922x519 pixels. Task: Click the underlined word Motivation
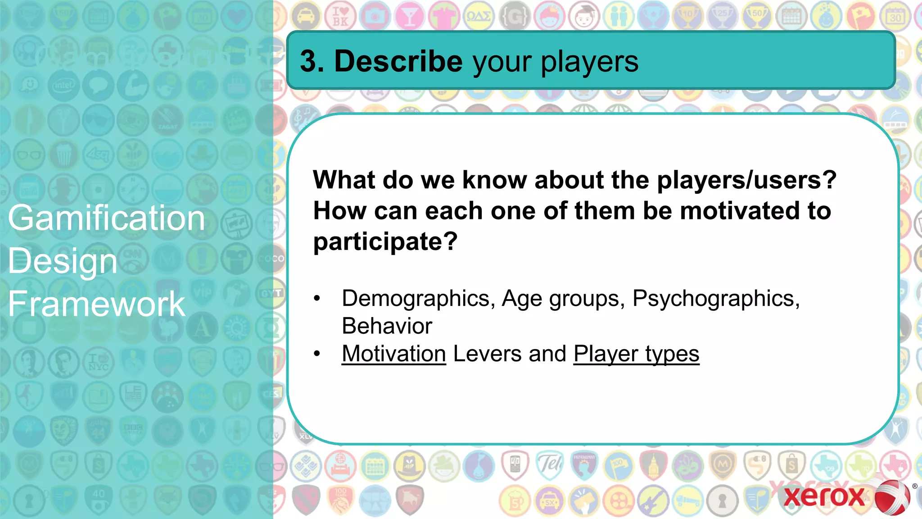pos(393,354)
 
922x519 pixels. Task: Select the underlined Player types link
pos(636,354)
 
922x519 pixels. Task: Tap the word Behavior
pos(387,326)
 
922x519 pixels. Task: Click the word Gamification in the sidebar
pos(107,218)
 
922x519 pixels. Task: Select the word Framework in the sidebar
pos(96,304)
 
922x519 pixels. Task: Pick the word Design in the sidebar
pos(63,261)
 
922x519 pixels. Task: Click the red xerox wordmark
pos(824,496)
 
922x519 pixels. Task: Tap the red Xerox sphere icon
pos(892,497)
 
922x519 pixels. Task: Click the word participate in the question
pos(385,241)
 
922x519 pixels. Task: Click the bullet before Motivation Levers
pos(317,354)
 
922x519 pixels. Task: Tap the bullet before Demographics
pos(317,299)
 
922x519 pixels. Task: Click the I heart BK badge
pos(340,16)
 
